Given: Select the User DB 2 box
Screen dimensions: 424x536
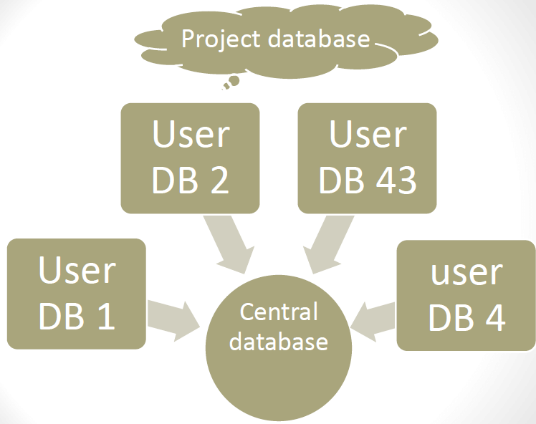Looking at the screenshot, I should tap(190, 158).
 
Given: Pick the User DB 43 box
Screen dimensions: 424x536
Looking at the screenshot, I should tap(367, 158).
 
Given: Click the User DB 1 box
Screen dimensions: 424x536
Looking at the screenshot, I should tap(76, 294).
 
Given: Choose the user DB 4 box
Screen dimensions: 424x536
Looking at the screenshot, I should tap(466, 295).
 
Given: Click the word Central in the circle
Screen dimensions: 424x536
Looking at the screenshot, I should tap(279, 313).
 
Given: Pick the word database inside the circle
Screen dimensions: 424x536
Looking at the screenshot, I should tap(279, 341).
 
